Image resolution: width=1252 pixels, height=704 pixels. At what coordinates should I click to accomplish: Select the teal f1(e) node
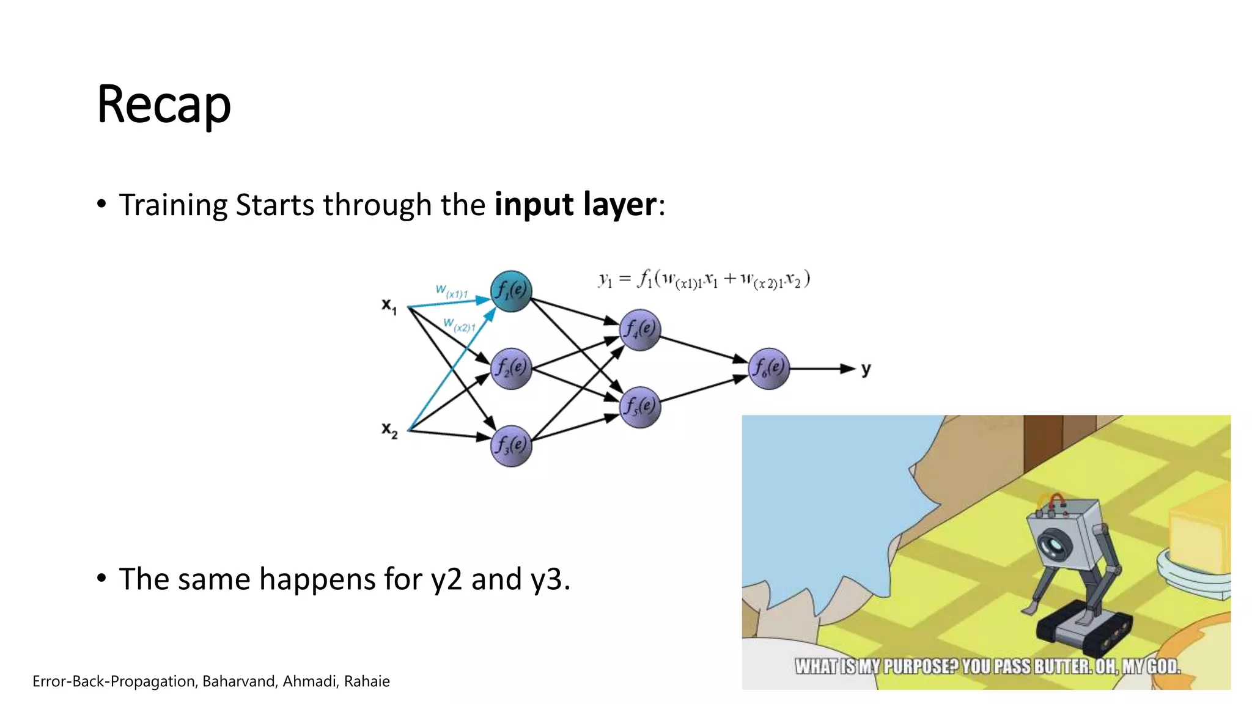511,291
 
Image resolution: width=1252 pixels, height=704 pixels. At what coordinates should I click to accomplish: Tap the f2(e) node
511,368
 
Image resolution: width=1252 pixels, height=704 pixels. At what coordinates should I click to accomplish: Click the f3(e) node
511,446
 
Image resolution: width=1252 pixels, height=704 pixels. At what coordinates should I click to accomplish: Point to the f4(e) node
640,330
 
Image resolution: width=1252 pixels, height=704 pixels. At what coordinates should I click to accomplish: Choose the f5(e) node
640,407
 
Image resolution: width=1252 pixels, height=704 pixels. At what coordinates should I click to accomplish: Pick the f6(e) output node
768,368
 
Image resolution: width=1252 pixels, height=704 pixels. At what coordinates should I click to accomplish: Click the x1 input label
389,306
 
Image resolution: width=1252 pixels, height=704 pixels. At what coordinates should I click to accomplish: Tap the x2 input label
389,430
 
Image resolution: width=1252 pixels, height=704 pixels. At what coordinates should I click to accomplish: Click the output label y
866,369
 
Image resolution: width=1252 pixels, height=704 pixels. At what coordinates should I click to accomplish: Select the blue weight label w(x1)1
452,291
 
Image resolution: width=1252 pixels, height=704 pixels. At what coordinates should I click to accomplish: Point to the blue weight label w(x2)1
459,324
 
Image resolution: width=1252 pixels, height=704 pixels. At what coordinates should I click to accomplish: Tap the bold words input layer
575,204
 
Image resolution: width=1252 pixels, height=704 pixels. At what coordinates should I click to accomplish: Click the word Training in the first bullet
173,205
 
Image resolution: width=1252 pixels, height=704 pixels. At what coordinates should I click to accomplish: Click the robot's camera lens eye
1054,542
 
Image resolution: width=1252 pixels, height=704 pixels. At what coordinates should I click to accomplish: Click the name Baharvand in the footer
238,681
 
